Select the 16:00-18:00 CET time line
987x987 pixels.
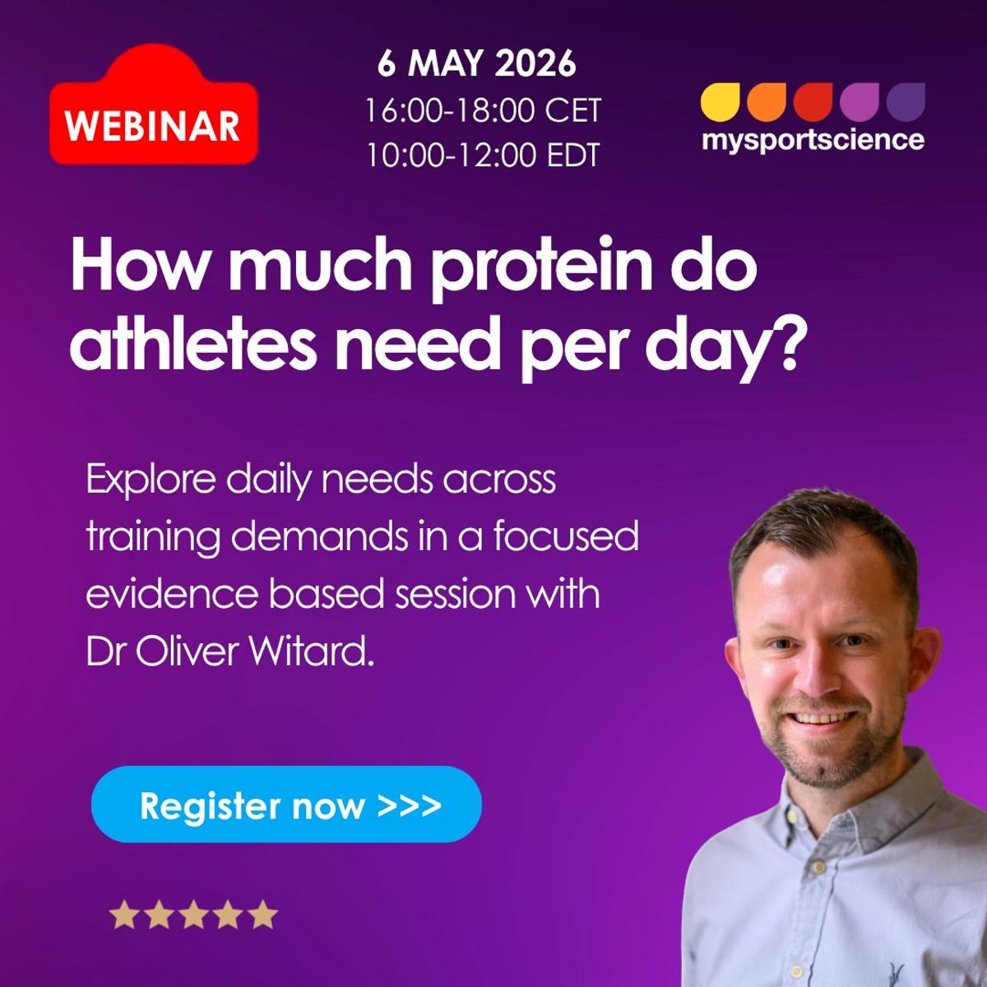click(x=483, y=110)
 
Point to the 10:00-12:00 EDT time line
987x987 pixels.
click(x=483, y=155)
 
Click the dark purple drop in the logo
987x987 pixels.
click(x=906, y=102)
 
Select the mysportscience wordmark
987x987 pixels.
click(x=813, y=140)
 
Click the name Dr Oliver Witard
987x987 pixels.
click(x=230, y=651)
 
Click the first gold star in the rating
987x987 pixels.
click(x=123, y=915)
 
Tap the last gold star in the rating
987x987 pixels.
click(x=263, y=915)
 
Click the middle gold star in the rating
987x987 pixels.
click(x=193, y=915)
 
